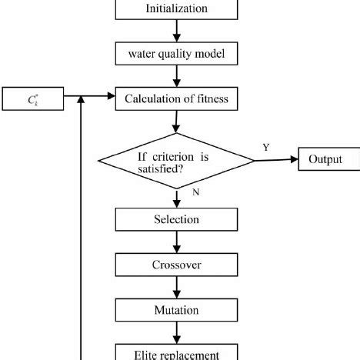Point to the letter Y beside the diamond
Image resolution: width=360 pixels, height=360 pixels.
[266, 146]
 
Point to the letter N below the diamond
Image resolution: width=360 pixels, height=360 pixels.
[195, 193]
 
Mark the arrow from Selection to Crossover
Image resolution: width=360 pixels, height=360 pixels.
[176, 242]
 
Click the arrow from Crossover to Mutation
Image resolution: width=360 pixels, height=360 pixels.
[176, 287]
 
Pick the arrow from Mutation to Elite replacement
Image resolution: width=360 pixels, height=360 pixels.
[176, 332]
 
